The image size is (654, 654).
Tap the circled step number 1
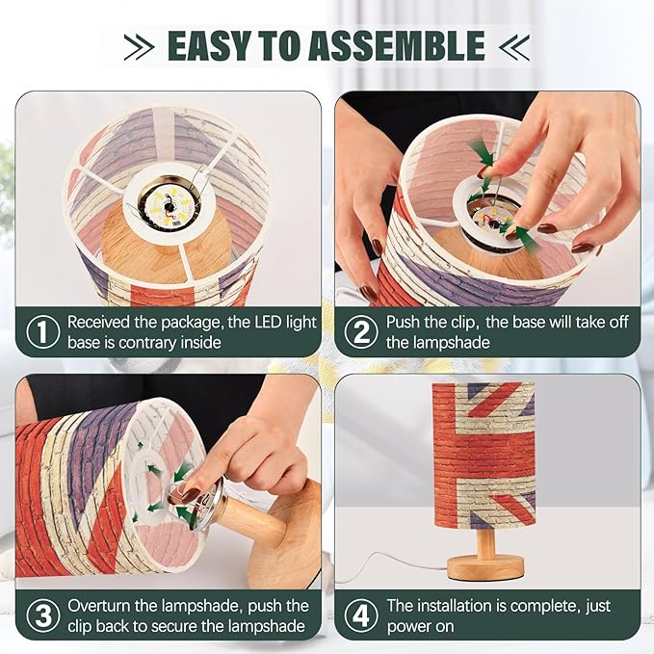(43, 332)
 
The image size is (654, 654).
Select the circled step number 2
(361, 332)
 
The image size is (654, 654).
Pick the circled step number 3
(43, 615)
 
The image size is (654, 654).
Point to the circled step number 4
(361, 615)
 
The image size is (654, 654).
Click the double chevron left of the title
(140, 46)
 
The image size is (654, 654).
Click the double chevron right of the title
(514, 46)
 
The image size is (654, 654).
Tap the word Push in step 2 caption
(402, 322)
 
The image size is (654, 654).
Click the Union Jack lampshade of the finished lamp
(484, 454)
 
